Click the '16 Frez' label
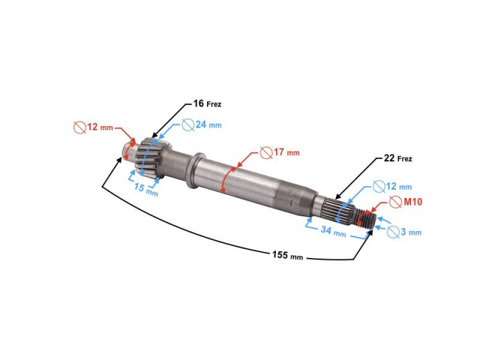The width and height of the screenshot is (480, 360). [207, 104]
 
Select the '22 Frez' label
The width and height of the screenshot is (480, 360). [398, 158]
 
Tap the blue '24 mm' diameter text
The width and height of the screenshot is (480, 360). [208, 125]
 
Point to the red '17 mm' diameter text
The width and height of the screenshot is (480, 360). [286, 152]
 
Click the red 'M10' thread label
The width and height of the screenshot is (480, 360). [413, 201]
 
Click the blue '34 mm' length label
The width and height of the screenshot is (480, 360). [333, 231]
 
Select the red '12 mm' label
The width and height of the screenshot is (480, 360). [100, 127]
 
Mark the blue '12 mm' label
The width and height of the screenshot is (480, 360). [399, 186]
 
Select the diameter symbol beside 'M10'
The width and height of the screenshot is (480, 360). [395, 202]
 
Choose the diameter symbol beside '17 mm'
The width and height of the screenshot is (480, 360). [266, 153]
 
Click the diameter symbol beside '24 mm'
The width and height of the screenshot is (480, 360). [188, 125]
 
